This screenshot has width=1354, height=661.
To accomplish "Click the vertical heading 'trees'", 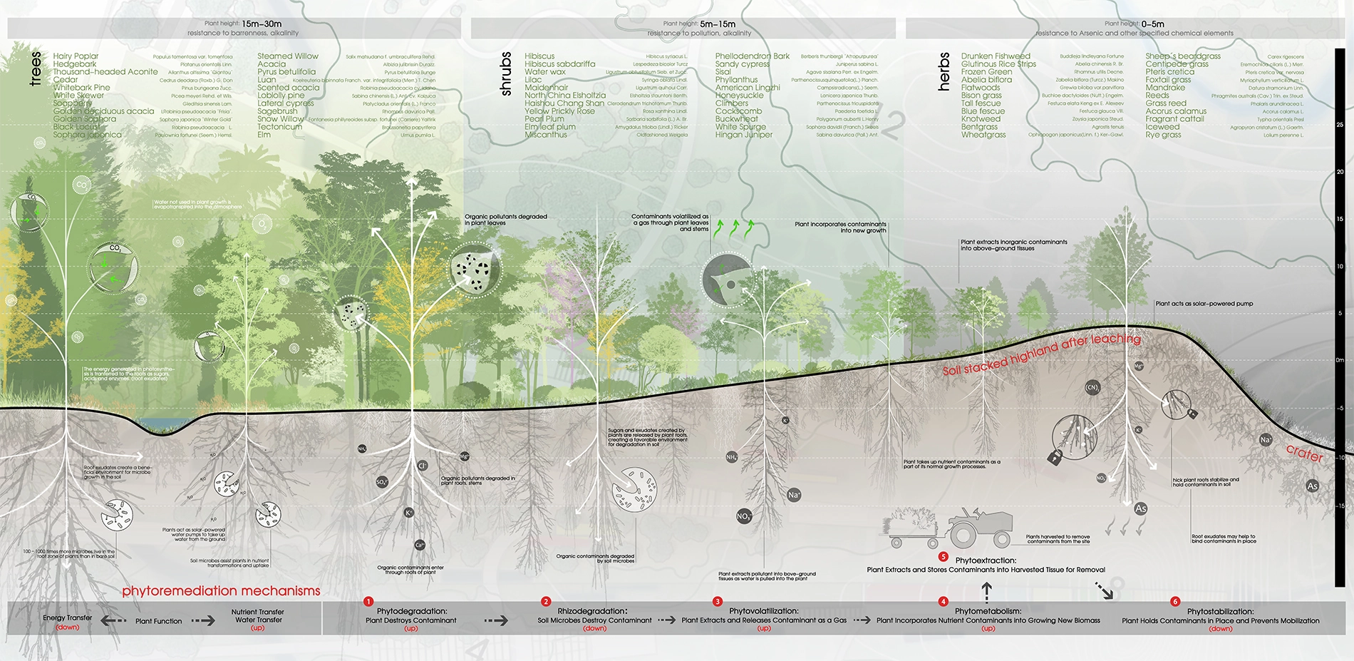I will [x=35, y=68].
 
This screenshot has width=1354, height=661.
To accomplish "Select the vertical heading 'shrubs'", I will [x=506, y=73].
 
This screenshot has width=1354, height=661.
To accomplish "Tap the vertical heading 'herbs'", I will [x=944, y=71].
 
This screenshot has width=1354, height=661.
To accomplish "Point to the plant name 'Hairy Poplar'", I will [x=76, y=56].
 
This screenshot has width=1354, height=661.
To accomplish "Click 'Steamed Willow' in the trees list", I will [x=288, y=56].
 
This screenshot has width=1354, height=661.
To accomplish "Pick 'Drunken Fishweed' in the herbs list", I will [x=996, y=56].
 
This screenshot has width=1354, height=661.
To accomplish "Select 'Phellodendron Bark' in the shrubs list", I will [x=753, y=56].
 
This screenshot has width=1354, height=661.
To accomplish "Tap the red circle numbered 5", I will [x=944, y=557].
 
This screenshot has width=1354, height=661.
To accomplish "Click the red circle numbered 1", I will [x=368, y=602].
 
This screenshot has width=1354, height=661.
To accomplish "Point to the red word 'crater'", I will [x=1304, y=453].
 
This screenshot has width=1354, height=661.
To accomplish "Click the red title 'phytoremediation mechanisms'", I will [x=221, y=591].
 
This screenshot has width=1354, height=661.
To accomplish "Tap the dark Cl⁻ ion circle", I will [x=422, y=466].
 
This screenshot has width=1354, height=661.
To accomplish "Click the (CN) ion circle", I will [x=1092, y=388].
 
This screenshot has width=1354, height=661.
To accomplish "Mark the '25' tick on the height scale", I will [x=1340, y=125].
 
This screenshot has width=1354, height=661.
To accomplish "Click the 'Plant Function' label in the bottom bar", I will [x=158, y=621].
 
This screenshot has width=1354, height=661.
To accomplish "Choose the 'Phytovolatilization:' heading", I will [x=763, y=611].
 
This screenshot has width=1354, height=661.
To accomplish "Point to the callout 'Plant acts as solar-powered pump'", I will [x=1204, y=304].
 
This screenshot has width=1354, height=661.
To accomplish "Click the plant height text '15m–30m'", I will [x=262, y=24].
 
